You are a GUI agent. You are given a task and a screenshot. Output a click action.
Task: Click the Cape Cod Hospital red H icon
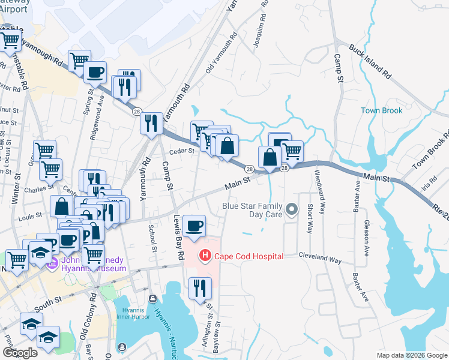click(x=205, y=256)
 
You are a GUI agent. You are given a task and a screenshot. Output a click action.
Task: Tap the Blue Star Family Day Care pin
click(x=292, y=209)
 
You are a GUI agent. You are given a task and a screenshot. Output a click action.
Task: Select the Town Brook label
click(x=381, y=110)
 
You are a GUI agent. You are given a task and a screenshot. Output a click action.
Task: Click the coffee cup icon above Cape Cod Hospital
click(x=194, y=226)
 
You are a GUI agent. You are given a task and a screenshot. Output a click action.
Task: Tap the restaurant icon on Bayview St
click(x=200, y=289)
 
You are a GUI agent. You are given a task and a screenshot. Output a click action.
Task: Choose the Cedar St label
click(x=182, y=151)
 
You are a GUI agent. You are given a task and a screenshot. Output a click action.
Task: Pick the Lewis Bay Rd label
click(x=177, y=237)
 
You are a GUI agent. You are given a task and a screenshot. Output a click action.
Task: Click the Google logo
click(x=20, y=353)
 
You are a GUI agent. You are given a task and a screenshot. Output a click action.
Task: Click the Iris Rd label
click(x=430, y=181)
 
